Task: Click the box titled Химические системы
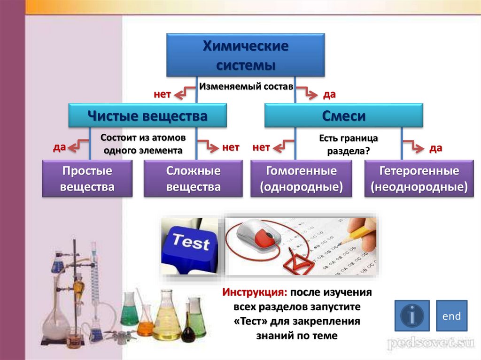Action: (245, 55)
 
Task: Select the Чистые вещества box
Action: (147, 115)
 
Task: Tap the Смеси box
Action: (343, 115)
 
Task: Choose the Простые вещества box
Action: (87, 178)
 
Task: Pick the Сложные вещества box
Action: (193, 178)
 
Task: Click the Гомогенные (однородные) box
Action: (301, 178)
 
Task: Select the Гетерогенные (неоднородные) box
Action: (419, 178)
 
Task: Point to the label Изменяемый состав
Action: (246, 86)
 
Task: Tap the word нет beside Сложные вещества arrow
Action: (231, 147)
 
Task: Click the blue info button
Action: (412, 315)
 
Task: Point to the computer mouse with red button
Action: (260, 236)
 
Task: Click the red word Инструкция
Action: (255, 292)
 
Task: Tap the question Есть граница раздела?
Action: (349, 145)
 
